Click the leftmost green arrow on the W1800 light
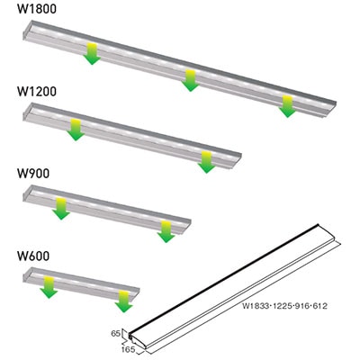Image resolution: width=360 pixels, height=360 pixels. [x=91, y=53]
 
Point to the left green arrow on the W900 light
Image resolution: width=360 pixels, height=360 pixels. [x=60, y=207]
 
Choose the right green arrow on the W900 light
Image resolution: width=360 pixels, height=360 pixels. [x=164, y=229]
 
